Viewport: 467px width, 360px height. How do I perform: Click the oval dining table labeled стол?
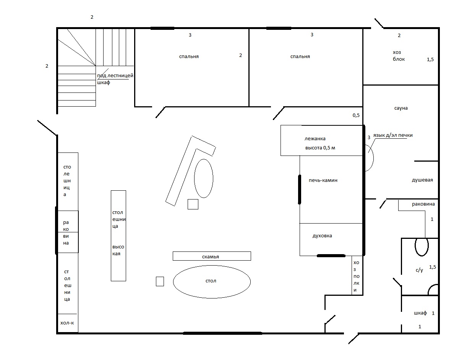point(212,282)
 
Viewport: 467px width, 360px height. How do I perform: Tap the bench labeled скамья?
point(212,256)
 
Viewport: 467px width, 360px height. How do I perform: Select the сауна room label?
point(401,108)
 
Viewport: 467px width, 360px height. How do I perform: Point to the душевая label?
point(422,180)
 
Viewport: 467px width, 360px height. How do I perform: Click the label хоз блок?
point(399,56)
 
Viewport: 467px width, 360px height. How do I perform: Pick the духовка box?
point(331,240)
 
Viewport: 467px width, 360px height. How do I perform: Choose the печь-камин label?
point(323,180)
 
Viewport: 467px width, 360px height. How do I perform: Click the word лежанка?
point(315,139)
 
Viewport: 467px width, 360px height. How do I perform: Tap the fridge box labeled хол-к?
point(68,323)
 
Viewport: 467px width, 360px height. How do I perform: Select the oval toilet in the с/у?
point(422,246)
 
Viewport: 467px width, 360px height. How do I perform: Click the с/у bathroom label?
point(419,270)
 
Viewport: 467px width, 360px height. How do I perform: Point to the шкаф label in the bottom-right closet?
point(420,313)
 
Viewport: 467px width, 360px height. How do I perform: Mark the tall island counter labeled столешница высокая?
point(118,235)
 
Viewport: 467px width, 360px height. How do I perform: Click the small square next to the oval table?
point(160,281)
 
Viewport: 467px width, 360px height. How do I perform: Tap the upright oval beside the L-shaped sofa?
point(204,178)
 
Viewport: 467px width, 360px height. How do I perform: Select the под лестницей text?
point(115,76)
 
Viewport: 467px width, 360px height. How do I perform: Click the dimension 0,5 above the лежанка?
point(356,115)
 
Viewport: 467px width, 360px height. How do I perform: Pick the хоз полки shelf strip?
point(357,275)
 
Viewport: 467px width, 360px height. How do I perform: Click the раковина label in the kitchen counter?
point(66,233)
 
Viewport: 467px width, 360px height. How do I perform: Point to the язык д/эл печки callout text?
point(393,135)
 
